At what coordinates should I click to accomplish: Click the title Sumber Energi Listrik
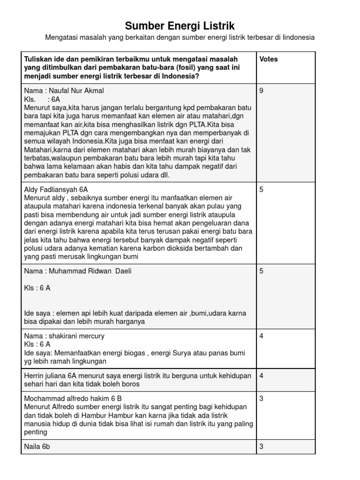pyautogui.click(x=180, y=25)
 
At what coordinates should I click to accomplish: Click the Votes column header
pyautogui.click(x=268, y=59)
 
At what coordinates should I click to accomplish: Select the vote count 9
pyautogui.click(x=261, y=91)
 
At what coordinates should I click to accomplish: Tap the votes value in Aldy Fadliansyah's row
pyautogui.click(x=261, y=189)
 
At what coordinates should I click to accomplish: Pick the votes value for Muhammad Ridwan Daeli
pyautogui.click(x=261, y=271)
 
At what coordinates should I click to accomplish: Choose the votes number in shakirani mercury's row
pyautogui.click(x=261, y=336)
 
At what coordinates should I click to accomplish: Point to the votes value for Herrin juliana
pyautogui.click(x=261, y=375)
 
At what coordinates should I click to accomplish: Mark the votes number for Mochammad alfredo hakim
pyautogui.click(x=261, y=398)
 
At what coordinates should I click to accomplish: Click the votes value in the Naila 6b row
pyautogui.click(x=261, y=447)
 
